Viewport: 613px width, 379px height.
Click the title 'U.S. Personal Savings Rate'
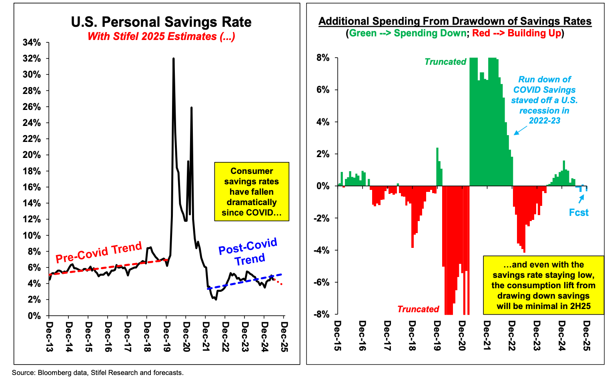coord(161,22)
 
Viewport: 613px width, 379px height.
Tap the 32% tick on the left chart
coord(32,59)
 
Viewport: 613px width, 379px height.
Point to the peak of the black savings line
coord(173,59)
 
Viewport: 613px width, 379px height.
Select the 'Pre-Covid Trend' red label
coord(98,252)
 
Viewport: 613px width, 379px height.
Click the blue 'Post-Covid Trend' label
coord(248,252)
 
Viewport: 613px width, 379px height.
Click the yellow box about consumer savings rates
coord(251,191)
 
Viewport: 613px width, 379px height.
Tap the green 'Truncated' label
coord(445,62)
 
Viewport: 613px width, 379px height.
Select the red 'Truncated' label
coord(418,309)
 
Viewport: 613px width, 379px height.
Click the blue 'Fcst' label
coord(579,213)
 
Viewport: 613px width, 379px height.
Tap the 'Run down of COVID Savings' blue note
coord(544,100)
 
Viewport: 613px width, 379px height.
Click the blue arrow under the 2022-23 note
coord(520,130)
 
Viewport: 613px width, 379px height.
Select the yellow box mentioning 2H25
coord(543,285)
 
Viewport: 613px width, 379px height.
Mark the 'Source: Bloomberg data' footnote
coord(98,373)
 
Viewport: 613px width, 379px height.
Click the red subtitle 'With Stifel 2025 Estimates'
coord(161,36)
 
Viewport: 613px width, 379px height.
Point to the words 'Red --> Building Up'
coord(517,33)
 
